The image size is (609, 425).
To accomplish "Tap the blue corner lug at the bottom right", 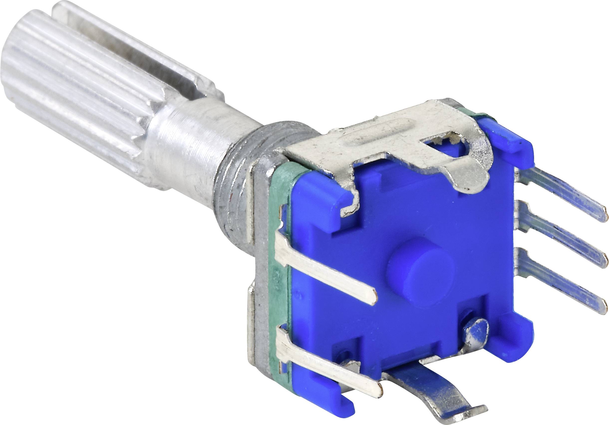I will pos(520,337).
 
